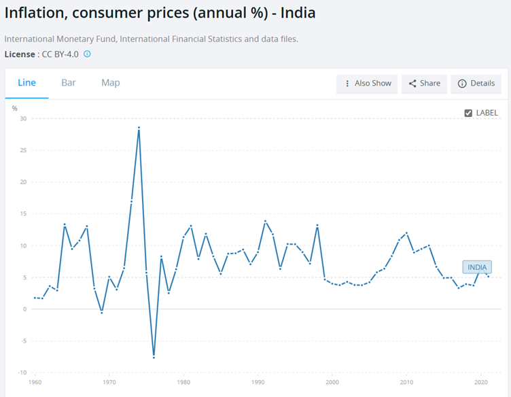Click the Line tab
point(27,83)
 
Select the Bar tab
point(69,83)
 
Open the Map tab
point(111,83)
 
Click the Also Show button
point(367,84)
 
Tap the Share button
point(424,84)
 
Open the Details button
point(476,84)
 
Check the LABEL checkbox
point(468,113)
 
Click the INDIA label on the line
point(477,267)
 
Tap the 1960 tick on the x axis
point(35,383)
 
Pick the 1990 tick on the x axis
point(258,383)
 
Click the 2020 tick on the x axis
point(482,383)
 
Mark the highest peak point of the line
point(139,128)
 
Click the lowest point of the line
point(154,357)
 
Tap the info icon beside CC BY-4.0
point(87,54)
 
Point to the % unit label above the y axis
point(14,108)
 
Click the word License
point(20,54)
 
